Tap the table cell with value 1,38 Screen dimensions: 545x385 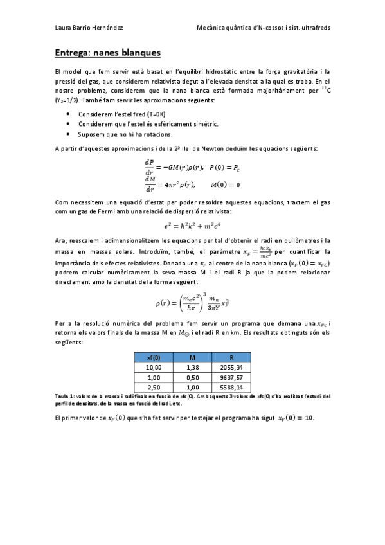[192, 368]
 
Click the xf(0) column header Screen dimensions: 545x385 [154, 357]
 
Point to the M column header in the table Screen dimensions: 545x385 [192, 357]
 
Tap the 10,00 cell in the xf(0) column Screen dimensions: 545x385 [154, 368]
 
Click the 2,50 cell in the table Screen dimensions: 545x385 [154, 388]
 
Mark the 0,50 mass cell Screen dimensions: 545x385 [192, 378]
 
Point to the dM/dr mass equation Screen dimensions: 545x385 [192, 184]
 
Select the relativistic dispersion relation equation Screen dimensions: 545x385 [192, 226]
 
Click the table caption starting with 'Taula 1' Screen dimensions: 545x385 [192, 400]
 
